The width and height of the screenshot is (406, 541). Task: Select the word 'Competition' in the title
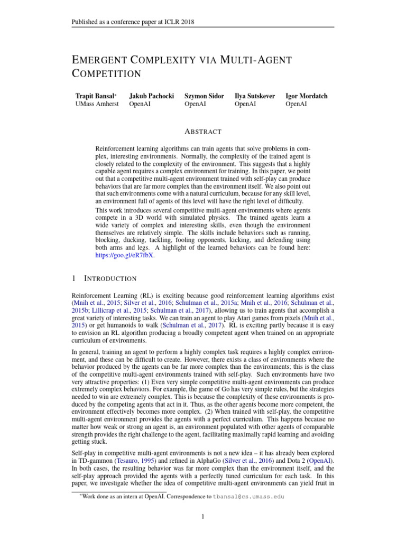click(108, 74)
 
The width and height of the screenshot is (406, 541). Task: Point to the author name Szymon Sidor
click(205, 96)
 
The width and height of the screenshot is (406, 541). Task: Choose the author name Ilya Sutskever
click(255, 96)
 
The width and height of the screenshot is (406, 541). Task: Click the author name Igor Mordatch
click(306, 96)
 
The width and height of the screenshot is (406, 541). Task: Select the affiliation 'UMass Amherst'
click(97, 105)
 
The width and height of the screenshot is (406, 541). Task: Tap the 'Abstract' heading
click(203, 132)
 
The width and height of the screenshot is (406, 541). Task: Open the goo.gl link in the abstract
click(125, 255)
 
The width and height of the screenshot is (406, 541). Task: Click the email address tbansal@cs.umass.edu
click(245, 497)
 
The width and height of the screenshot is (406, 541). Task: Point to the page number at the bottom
click(203, 517)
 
